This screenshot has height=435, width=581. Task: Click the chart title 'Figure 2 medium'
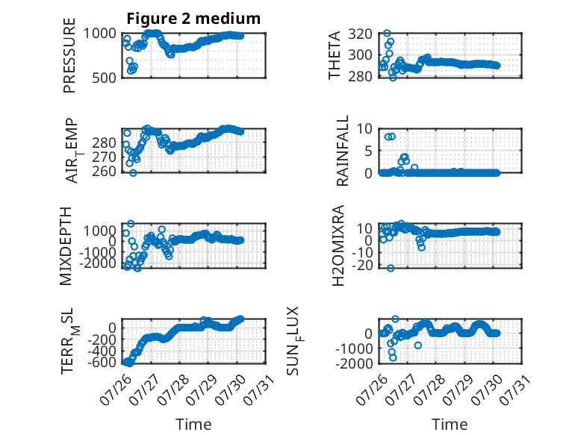(x=193, y=19)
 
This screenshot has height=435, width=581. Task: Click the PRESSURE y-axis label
(x=69, y=55)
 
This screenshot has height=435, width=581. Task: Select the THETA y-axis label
(x=335, y=55)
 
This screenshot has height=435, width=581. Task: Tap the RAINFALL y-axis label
(x=343, y=151)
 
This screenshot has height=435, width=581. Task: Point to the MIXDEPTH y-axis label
(x=66, y=246)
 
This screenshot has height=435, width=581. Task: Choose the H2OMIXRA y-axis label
(x=338, y=245)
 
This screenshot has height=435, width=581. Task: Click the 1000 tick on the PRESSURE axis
(x=99, y=34)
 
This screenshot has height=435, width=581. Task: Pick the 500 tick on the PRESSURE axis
(x=104, y=78)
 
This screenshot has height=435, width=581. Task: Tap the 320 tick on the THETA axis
(x=360, y=34)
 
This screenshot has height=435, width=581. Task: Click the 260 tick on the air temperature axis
(x=104, y=172)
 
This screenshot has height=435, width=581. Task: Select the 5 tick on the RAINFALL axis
(x=368, y=151)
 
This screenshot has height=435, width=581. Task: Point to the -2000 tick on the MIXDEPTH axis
(x=97, y=263)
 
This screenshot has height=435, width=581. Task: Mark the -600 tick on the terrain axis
(x=102, y=362)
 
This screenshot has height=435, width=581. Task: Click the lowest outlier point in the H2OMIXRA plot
(x=391, y=268)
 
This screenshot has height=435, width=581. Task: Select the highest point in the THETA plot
(x=388, y=34)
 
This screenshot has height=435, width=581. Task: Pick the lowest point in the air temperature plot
(x=133, y=172)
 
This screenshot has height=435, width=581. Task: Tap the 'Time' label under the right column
(x=450, y=425)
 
